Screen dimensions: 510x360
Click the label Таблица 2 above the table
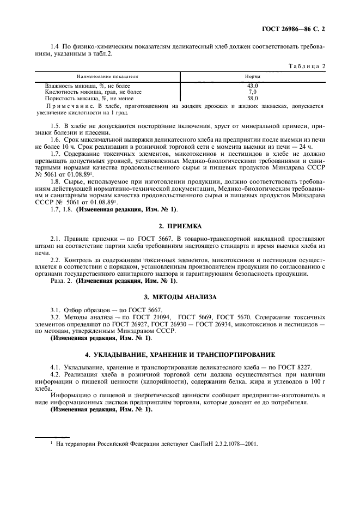[x=307, y=66]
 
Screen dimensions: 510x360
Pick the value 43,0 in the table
[x=252, y=86]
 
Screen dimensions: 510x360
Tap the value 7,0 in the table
[x=252, y=92]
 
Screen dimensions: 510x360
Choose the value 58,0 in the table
[x=252, y=98]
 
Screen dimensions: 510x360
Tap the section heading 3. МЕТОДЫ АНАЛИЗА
[x=180, y=297]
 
